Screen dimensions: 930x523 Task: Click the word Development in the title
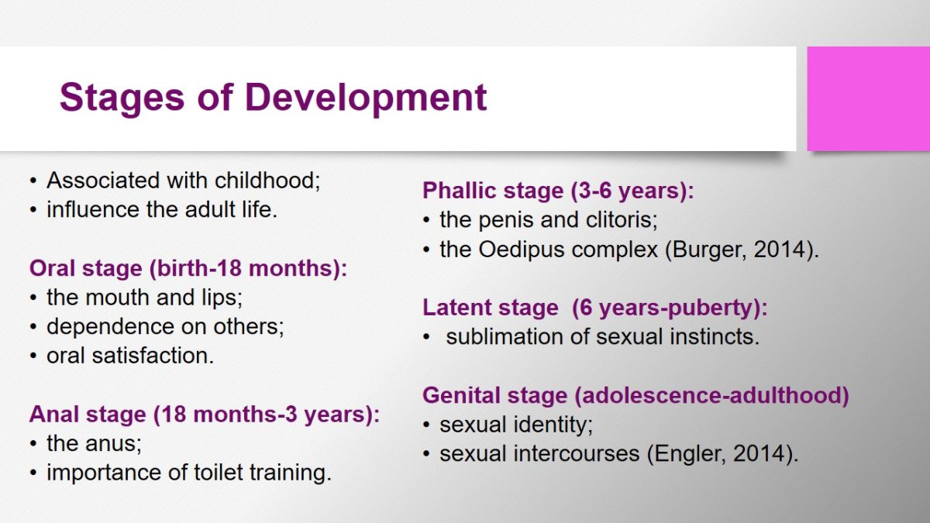tap(366, 98)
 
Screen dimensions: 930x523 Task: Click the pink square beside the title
tap(869, 99)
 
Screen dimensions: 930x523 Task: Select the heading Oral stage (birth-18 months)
tap(188, 268)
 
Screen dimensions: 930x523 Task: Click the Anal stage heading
tap(205, 415)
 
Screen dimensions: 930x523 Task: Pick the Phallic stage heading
tap(558, 191)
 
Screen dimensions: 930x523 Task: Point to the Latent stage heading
tap(595, 308)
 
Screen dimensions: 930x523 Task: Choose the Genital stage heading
tap(635, 395)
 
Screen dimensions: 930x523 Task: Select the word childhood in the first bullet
tap(267, 181)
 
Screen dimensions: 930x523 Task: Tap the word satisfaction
tap(153, 356)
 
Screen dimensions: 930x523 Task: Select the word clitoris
tap(622, 220)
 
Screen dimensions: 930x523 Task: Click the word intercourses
tap(577, 454)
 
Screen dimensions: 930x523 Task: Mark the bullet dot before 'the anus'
tap(33, 444)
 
